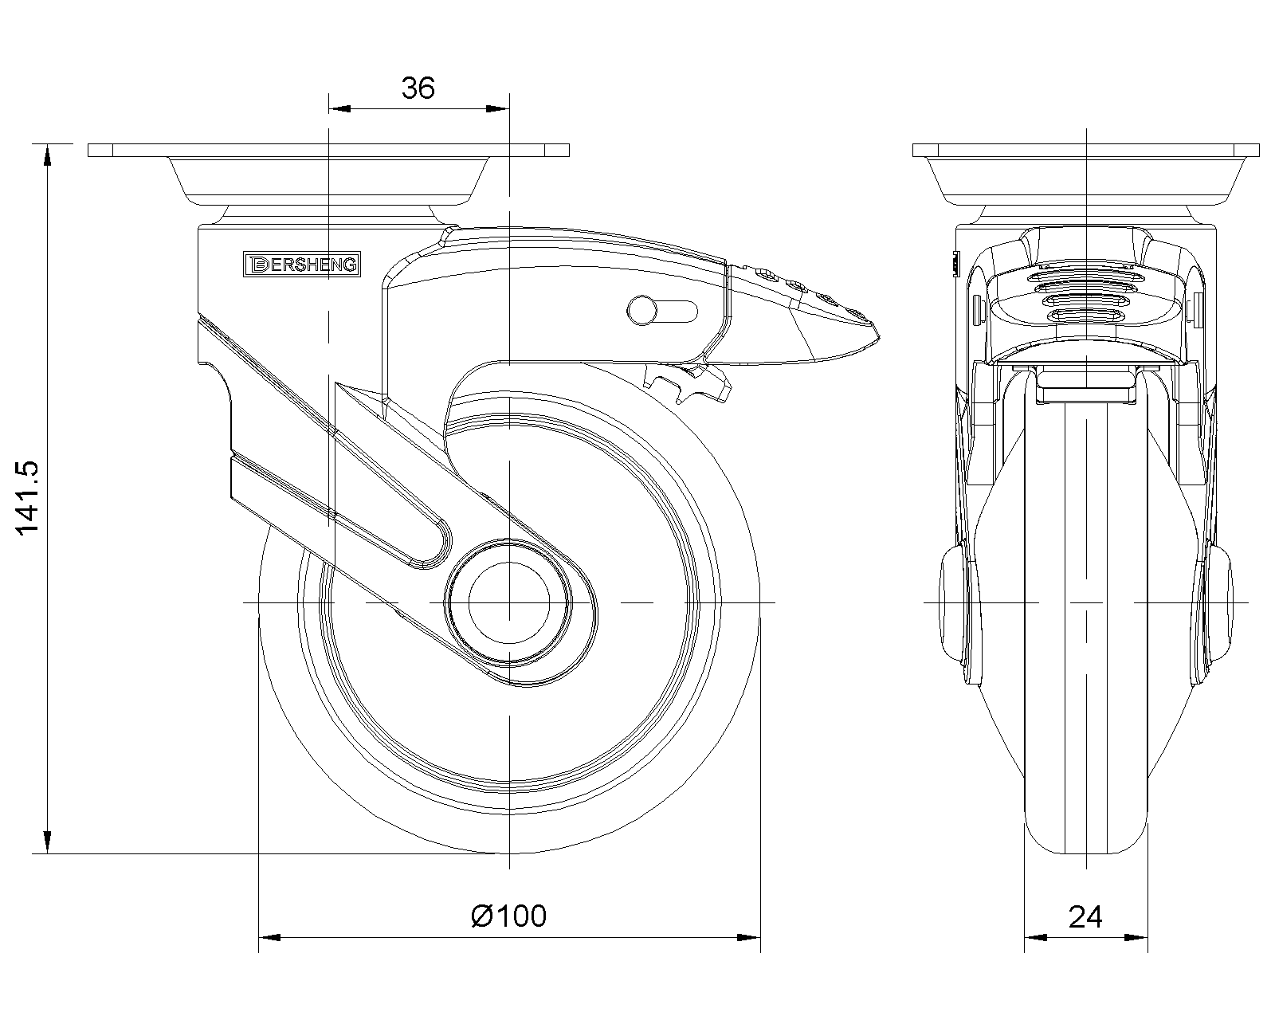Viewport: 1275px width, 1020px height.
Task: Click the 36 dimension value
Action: tap(418, 88)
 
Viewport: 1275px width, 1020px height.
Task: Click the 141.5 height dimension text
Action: tap(26, 498)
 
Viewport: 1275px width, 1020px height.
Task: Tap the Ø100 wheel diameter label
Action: tap(508, 916)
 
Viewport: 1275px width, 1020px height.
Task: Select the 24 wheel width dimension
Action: tap(1085, 917)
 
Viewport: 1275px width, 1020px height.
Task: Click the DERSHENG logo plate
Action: tap(301, 264)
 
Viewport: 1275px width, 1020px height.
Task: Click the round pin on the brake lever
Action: tap(641, 310)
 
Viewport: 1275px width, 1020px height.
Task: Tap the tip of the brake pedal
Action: tap(878, 337)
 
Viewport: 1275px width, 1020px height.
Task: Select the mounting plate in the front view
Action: tap(1086, 150)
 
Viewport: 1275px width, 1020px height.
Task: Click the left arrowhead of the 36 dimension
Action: tap(339, 109)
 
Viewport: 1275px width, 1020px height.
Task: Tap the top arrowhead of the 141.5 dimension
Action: tap(47, 155)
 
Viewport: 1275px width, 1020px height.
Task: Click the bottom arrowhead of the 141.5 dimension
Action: tap(47, 842)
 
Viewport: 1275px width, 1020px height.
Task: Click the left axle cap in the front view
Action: tap(951, 602)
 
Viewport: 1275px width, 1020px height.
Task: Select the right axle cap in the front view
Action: tap(1221, 602)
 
